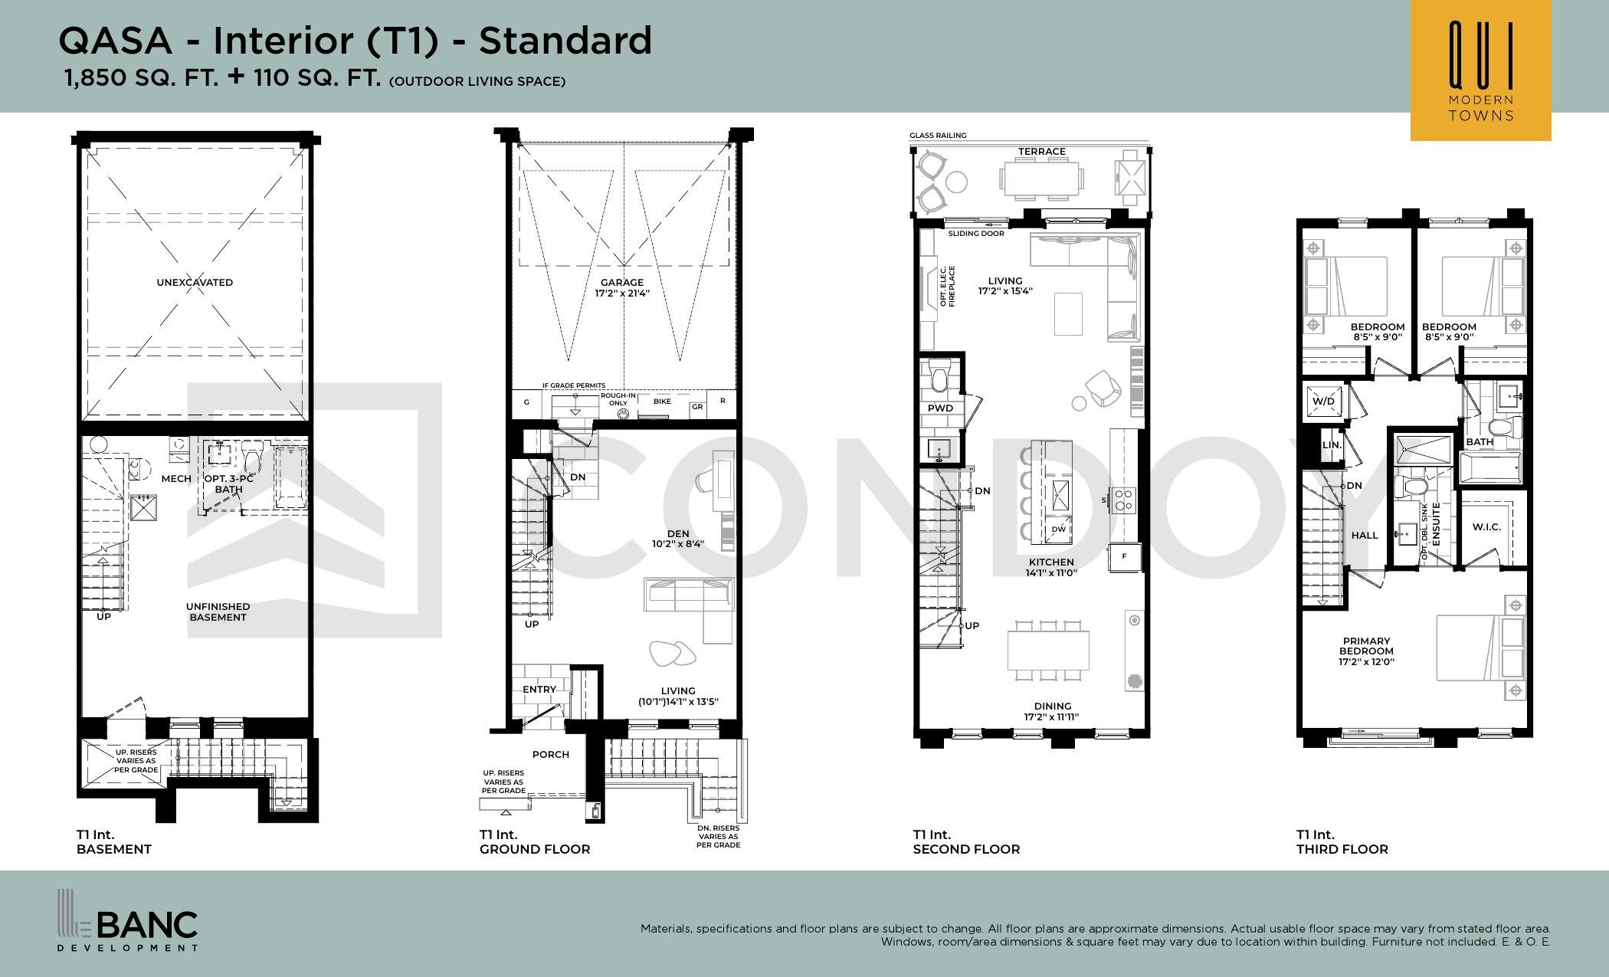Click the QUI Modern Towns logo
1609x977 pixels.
tap(1480, 70)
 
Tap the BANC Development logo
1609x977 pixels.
tap(128, 920)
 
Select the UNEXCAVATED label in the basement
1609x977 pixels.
tap(195, 282)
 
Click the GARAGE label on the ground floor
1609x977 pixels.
tap(622, 282)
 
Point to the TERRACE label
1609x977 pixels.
tap(1041, 152)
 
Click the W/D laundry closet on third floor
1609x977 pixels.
tap(1323, 402)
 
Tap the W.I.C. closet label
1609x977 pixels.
tap(1486, 527)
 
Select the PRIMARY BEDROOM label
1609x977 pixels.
tap(1366, 646)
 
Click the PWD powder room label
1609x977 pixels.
tap(940, 408)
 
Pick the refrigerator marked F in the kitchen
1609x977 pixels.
tap(1124, 556)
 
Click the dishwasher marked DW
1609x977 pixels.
tap(1058, 529)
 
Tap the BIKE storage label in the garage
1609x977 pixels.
tap(662, 402)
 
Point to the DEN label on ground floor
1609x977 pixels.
tap(678, 534)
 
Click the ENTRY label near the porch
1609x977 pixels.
tap(539, 690)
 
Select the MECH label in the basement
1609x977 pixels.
tap(176, 479)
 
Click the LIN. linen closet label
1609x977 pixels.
tap(1332, 445)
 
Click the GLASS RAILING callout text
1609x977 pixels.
tap(938, 136)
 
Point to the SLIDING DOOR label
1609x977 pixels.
tap(976, 234)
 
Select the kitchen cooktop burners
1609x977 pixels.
tap(1123, 500)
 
